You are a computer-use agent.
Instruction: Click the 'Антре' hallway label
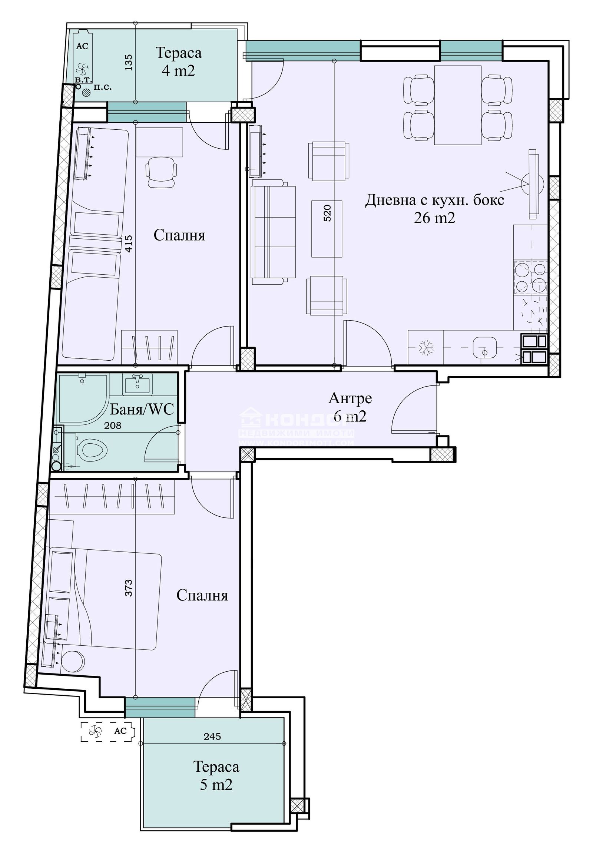349,398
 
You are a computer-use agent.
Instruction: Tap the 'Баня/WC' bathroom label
142,409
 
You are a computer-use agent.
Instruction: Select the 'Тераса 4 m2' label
178,61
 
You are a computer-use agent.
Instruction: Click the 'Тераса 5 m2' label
216,775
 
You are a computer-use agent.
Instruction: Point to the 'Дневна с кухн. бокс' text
434,200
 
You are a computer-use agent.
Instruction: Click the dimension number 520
327,213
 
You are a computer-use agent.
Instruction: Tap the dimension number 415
129,244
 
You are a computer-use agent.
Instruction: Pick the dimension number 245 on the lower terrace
212,736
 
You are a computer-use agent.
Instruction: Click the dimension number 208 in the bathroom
113,426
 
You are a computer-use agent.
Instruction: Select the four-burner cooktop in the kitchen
531,277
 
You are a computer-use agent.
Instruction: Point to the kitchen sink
484,347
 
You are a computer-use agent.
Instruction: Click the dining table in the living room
458,105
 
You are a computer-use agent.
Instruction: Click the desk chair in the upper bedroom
161,172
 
